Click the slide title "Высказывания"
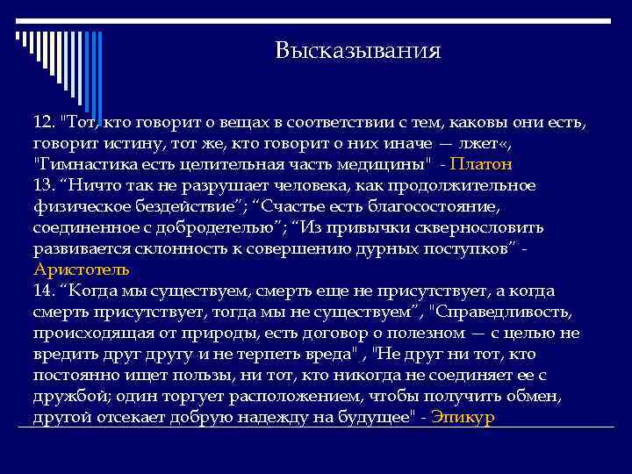[357, 51]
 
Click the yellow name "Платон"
[481, 164]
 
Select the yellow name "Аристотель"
[82, 269]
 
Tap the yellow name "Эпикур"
[464, 417]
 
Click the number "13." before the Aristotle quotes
[47, 185]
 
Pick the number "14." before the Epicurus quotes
[47, 291]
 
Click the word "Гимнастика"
[82, 164]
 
